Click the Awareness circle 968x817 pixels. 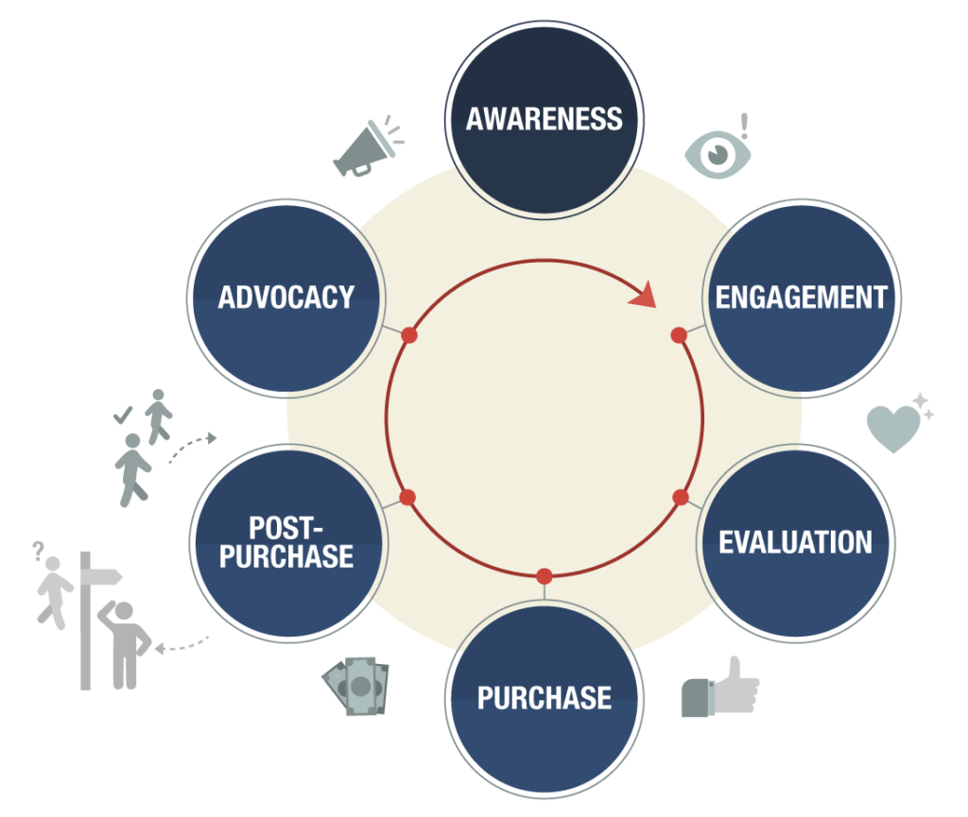point(544,120)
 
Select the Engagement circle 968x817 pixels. point(802,298)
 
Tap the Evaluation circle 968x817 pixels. point(796,543)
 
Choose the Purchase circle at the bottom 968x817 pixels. point(544,699)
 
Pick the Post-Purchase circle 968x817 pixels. point(288,543)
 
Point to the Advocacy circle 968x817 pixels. point(286,298)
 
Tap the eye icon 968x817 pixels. point(717,154)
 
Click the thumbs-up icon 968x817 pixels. point(719,689)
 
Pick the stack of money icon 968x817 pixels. point(356,686)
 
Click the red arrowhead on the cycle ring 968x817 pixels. point(643,295)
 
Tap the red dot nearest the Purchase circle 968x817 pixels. point(544,576)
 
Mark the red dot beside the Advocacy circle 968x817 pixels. point(408,334)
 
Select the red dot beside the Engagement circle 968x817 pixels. point(679,334)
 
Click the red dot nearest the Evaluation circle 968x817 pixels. point(681,497)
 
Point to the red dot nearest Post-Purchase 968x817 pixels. point(407,497)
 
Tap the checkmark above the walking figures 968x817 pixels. point(123,415)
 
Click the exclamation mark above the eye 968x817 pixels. point(745,126)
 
